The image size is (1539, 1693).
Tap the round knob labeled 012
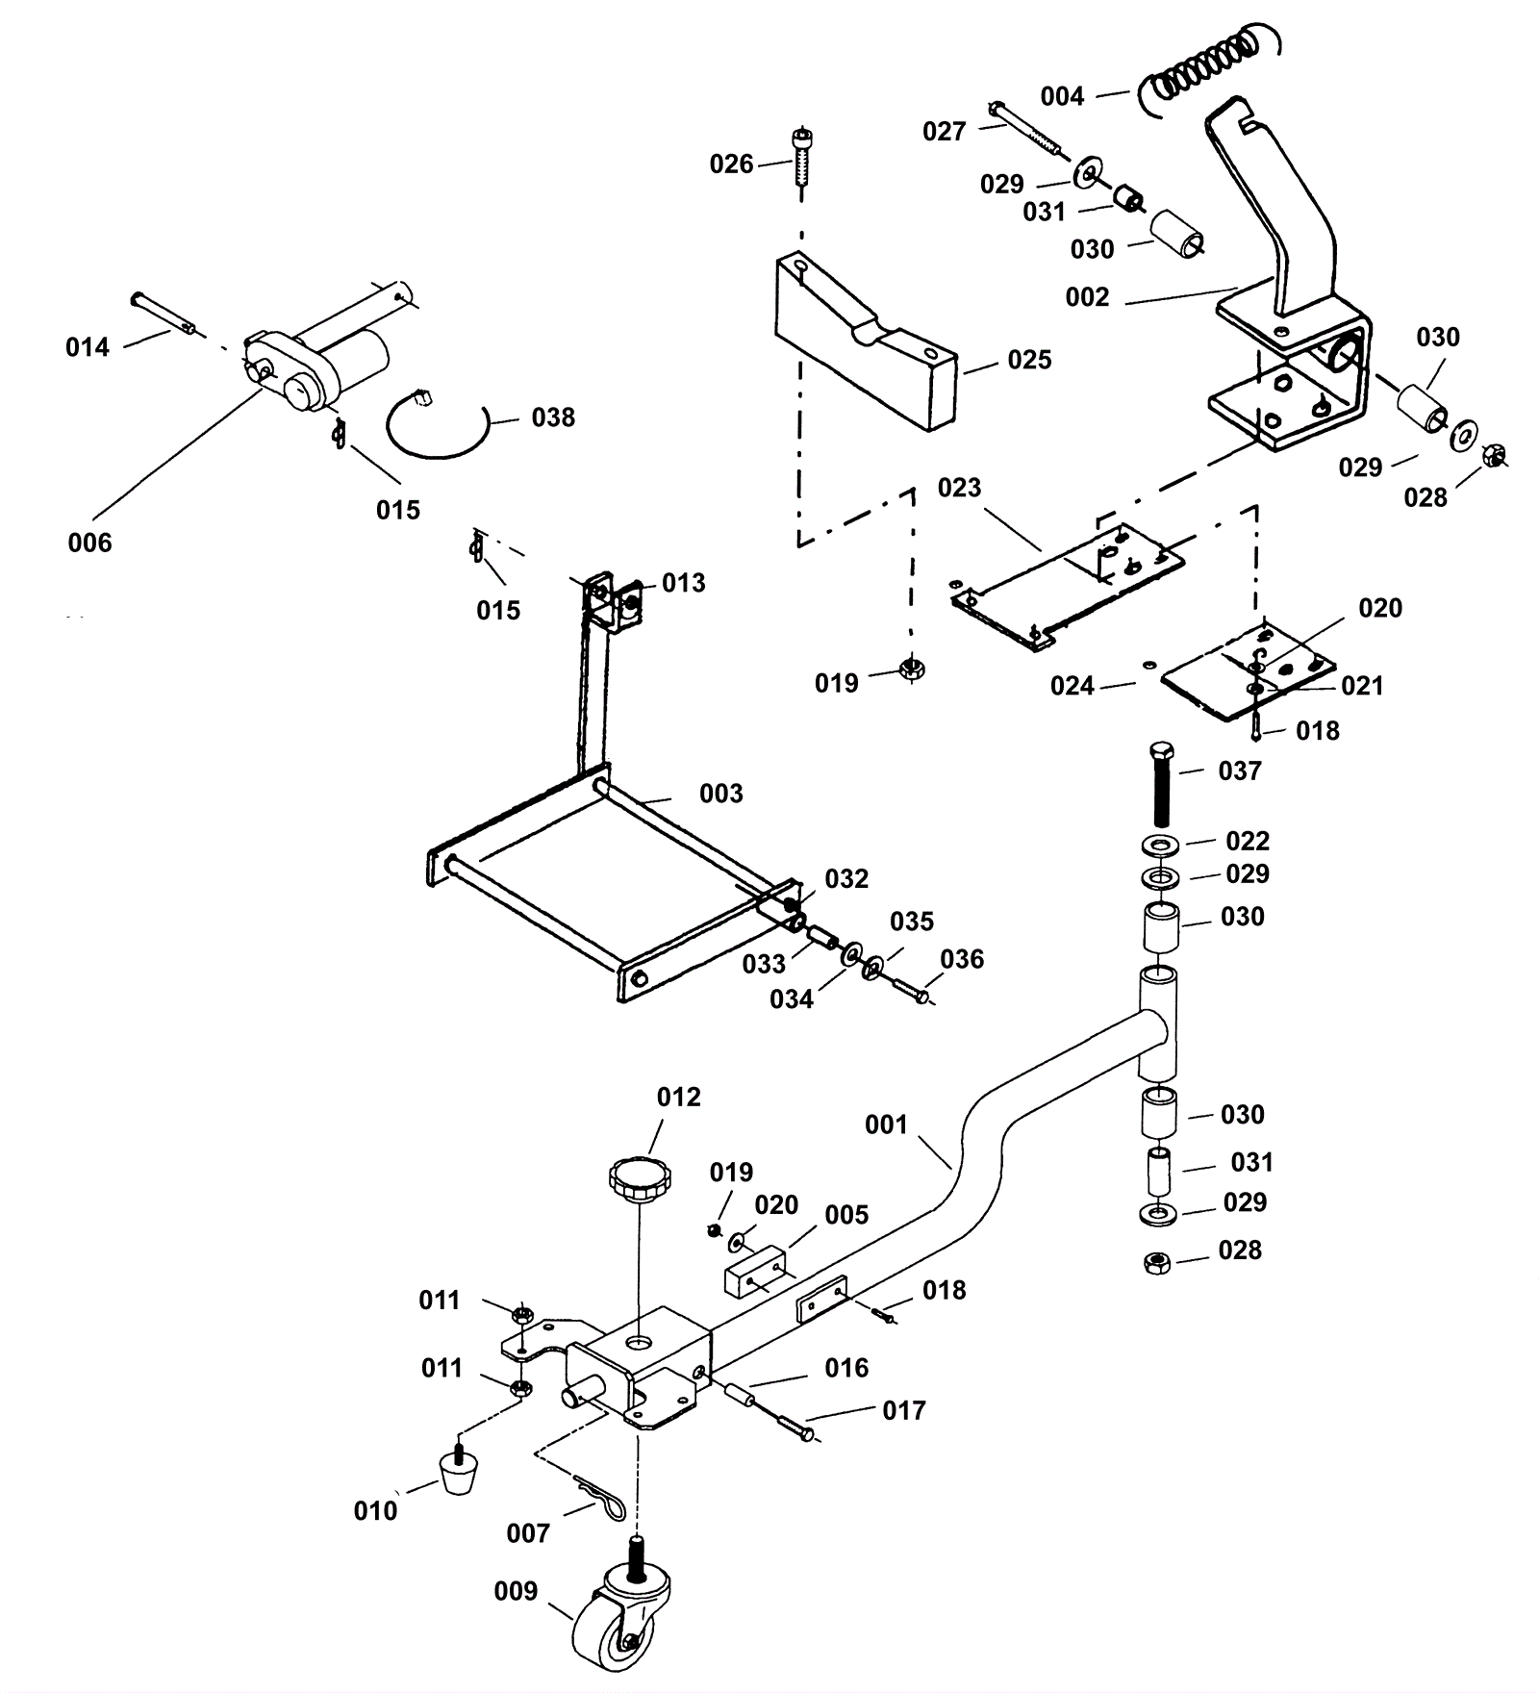pyautogui.click(x=640, y=1179)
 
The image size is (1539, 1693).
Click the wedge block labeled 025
pyautogui.click(x=867, y=341)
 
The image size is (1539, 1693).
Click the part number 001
pyautogui.click(x=886, y=1124)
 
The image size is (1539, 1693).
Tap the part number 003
pyautogui.click(x=721, y=794)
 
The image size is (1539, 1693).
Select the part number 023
pyautogui.click(x=959, y=488)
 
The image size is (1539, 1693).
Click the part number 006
pyautogui.click(x=89, y=543)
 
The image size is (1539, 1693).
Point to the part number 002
pyautogui.click(x=1087, y=297)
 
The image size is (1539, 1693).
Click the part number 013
pyautogui.click(x=683, y=583)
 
